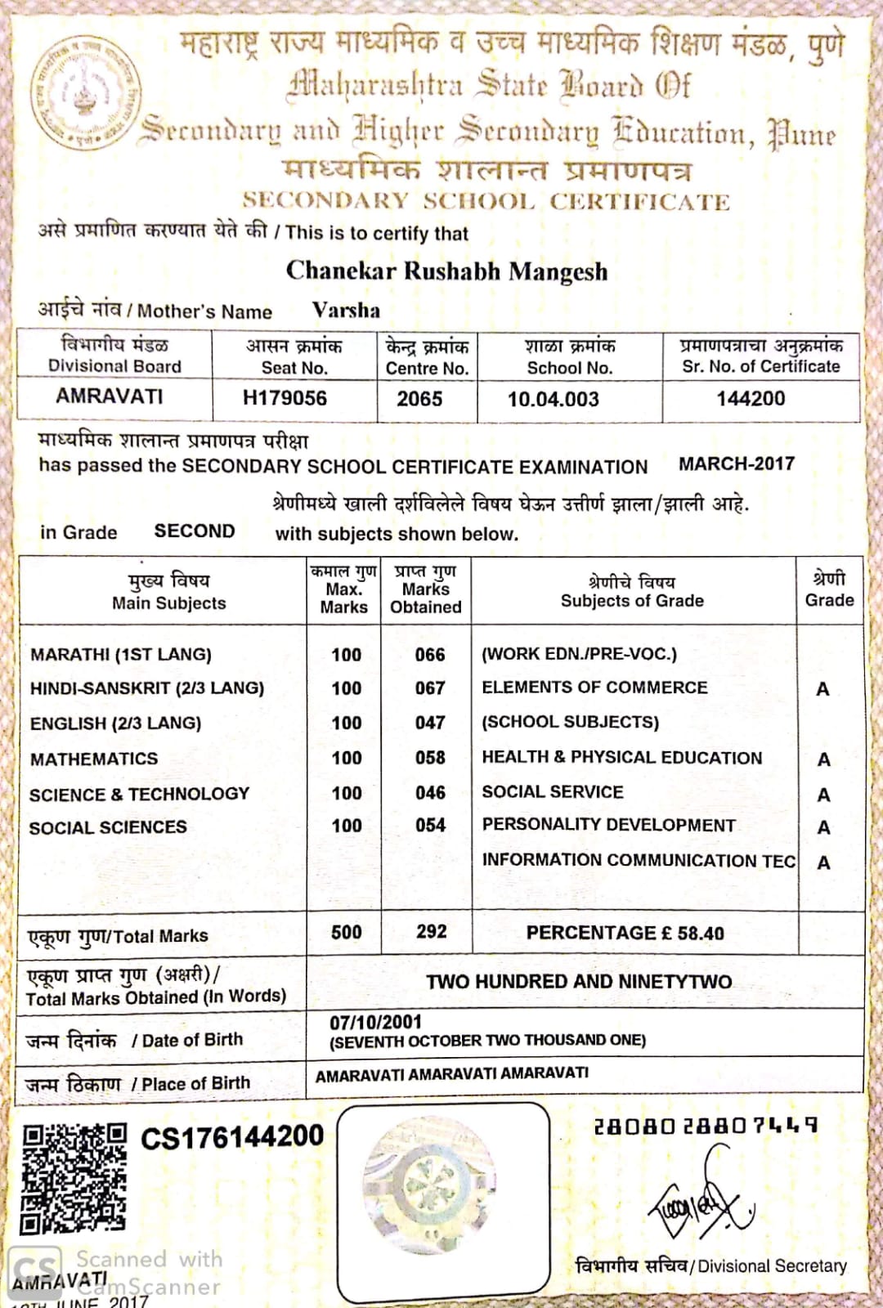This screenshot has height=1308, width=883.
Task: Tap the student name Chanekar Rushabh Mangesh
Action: [x=446, y=271]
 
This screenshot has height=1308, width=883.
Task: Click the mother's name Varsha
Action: [x=346, y=311]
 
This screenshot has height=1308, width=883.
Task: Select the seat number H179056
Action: [x=285, y=398]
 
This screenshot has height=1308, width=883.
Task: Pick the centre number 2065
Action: [x=419, y=399]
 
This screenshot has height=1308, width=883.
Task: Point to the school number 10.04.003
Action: [x=553, y=399]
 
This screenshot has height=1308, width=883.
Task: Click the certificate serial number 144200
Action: [x=751, y=398]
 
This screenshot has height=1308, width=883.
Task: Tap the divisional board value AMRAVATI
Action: [x=110, y=396]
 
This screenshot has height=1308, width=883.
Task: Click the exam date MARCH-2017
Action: [x=737, y=464]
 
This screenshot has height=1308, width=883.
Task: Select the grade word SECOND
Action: [x=195, y=531]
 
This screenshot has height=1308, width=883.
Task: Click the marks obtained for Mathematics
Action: [x=430, y=758]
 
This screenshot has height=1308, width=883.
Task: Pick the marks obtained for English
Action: [x=430, y=723]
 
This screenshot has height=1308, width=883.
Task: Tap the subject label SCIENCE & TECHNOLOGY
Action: [x=139, y=794]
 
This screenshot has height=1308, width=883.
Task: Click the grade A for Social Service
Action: [x=823, y=795]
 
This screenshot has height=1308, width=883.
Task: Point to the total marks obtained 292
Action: [x=431, y=931]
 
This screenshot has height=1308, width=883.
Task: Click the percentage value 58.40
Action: [x=701, y=933]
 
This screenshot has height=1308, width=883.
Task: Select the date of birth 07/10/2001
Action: [x=375, y=1022]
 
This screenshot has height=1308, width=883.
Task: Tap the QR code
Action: [x=74, y=1178]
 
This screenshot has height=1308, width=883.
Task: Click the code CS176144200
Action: [x=232, y=1136]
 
